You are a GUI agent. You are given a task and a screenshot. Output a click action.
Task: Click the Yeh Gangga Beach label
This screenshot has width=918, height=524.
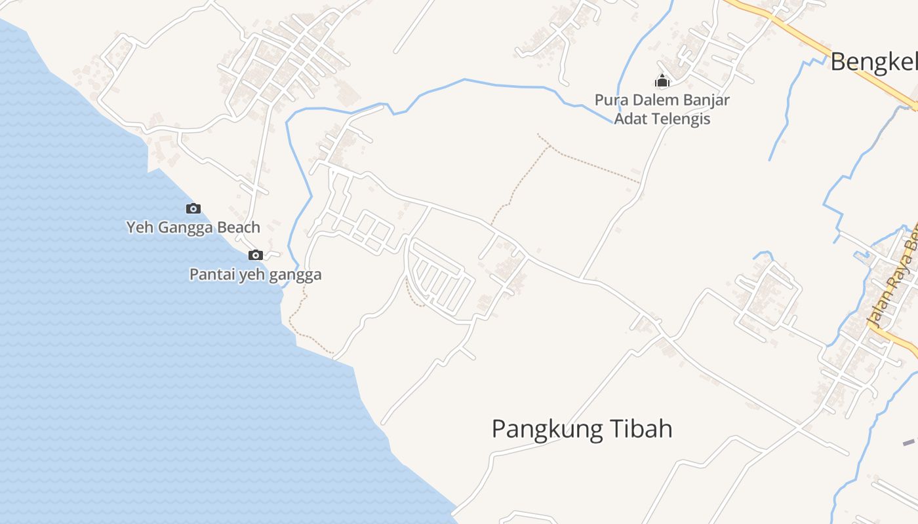pos(193,227)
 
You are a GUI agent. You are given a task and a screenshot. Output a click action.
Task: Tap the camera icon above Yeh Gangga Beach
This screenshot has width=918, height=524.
pos(193,209)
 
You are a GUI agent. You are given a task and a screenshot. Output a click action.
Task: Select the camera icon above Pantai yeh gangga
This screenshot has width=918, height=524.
pos(256,255)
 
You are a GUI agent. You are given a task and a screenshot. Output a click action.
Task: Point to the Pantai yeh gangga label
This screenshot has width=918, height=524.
pos(255,274)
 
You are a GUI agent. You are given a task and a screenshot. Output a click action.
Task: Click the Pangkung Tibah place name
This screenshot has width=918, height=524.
pos(582,430)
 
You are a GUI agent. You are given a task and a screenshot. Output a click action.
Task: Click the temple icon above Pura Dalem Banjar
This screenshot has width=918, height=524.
pos(662,81)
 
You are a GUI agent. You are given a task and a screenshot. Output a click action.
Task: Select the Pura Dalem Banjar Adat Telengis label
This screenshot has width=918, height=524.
pos(662,109)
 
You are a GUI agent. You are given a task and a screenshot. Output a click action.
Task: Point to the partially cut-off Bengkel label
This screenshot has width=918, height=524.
pos(873,62)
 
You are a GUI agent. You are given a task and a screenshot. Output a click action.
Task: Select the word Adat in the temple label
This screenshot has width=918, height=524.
pos(629,119)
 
